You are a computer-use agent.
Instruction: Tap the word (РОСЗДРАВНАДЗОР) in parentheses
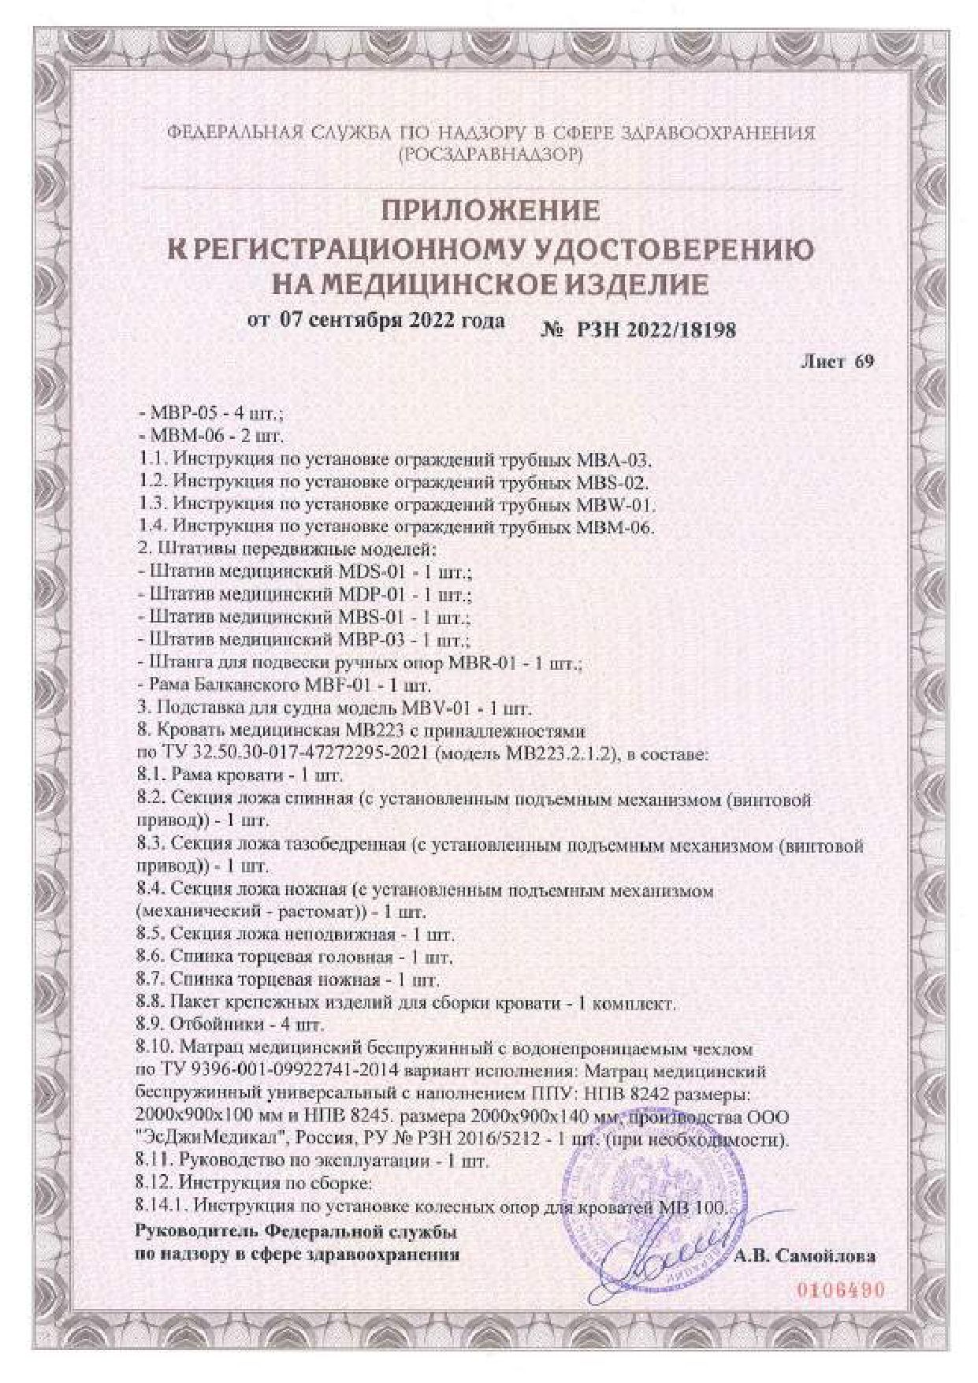(x=490, y=155)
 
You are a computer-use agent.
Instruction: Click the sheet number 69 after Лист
(x=864, y=362)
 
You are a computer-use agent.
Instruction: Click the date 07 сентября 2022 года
(x=392, y=321)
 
